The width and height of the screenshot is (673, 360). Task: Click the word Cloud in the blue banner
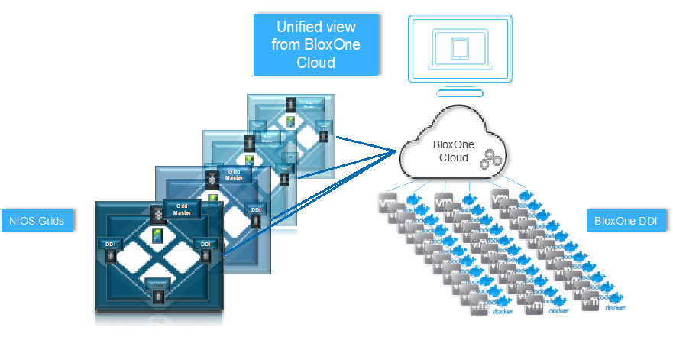pyautogui.click(x=315, y=63)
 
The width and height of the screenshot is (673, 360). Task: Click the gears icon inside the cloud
pyautogui.click(x=490, y=161)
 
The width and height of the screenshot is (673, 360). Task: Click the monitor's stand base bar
pyautogui.click(x=459, y=92)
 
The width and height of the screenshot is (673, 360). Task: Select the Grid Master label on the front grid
pyautogui.click(x=182, y=209)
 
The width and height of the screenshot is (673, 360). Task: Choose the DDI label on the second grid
pyautogui.click(x=255, y=208)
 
